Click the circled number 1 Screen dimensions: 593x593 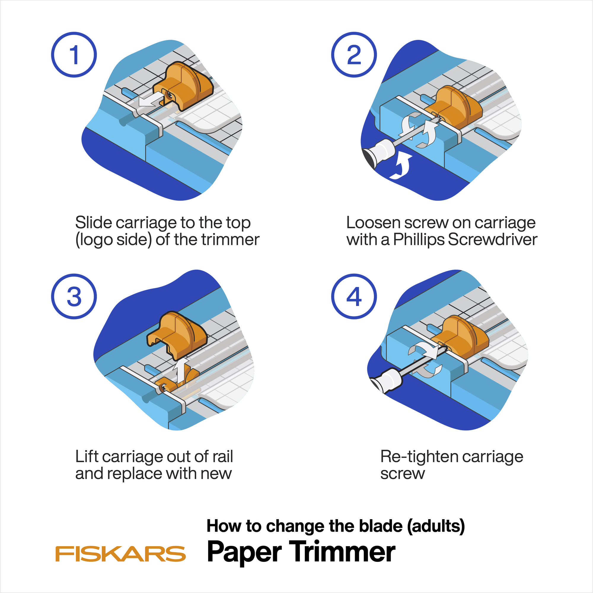(x=74, y=55)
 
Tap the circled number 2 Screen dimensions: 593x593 (x=354, y=55)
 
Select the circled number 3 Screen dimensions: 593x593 (x=74, y=296)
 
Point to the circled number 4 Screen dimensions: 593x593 (x=354, y=296)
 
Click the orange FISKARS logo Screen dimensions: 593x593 (x=120, y=553)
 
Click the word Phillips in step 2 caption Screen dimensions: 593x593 (x=419, y=240)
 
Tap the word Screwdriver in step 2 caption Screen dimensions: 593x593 (x=492, y=239)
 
